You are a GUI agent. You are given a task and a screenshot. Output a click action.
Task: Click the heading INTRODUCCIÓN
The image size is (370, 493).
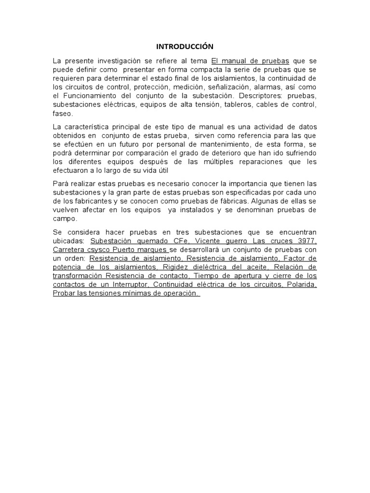point(185,47)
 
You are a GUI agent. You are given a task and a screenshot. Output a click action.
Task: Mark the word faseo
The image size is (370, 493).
point(63,114)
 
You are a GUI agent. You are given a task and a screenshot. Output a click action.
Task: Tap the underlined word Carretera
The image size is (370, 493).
point(70,249)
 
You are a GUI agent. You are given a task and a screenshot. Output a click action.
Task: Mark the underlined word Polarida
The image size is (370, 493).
point(302,285)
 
